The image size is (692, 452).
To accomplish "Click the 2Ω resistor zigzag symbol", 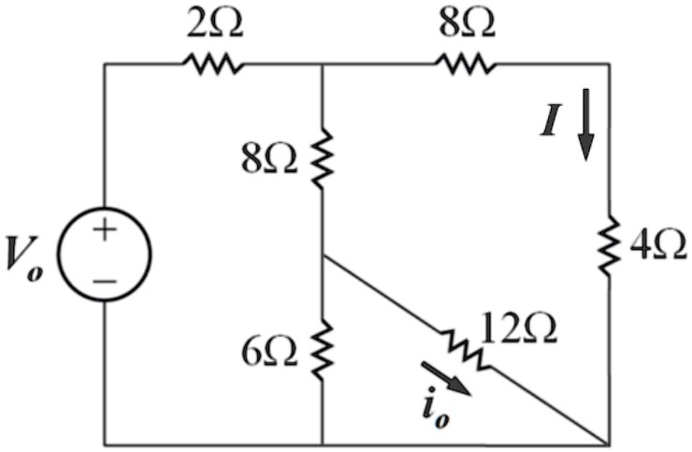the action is (212, 64).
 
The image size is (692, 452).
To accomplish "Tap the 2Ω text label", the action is (214, 23).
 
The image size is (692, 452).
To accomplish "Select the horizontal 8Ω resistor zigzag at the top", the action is (466, 64).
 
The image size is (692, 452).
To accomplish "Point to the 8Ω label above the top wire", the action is (467, 23).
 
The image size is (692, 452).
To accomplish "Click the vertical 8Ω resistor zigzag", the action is (323, 158).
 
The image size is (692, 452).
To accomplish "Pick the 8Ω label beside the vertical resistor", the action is (269, 159).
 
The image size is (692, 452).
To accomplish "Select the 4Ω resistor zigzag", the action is (610, 245).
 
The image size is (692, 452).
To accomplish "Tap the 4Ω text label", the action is (658, 246).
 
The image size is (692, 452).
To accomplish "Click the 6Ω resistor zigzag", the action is (323, 350).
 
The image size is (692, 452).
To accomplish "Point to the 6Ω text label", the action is (269, 353).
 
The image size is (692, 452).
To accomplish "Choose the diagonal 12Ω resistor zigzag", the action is (464, 350).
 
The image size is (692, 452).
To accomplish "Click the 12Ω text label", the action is (519, 329).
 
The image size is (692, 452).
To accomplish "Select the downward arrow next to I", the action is (586, 124).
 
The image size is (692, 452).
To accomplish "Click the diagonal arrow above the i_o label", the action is (447, 378).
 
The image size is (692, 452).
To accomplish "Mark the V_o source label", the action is (24, 261).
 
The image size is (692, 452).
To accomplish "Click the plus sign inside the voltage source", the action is (105, 230).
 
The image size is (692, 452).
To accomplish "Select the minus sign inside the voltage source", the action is (105, 280).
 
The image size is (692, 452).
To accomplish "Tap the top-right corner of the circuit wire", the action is (610, 64).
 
